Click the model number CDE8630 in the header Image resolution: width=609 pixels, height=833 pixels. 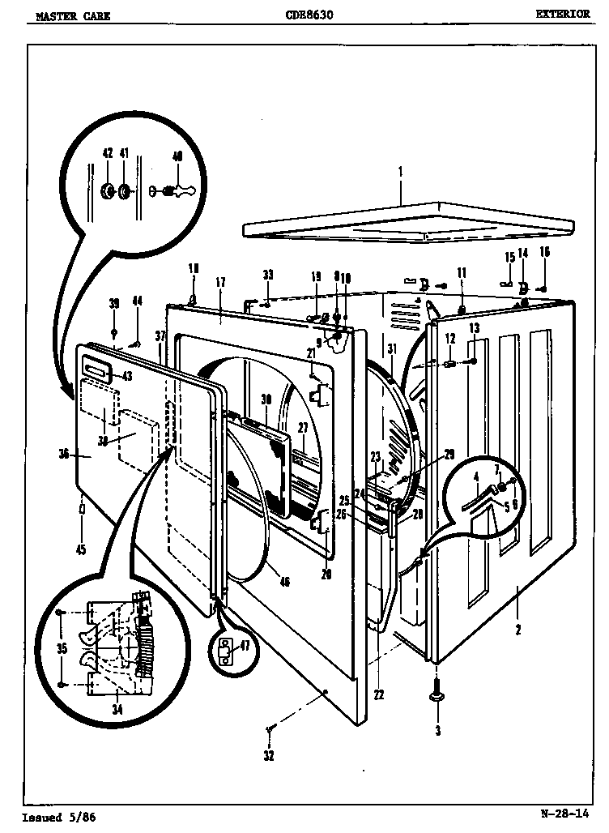click(309, 15)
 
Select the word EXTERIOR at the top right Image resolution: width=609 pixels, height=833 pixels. click(562, 15)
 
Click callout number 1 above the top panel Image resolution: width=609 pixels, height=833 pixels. click(399, 173)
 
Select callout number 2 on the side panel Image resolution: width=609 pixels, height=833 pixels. click(518, 628)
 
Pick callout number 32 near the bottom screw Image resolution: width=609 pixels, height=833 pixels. click(269, 756)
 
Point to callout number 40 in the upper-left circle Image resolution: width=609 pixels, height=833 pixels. click(177, 156)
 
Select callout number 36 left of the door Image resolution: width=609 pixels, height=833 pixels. click(64, 455)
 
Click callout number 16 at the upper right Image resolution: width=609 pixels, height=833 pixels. click(545, 254)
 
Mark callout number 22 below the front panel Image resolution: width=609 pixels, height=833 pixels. click(379, 694)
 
